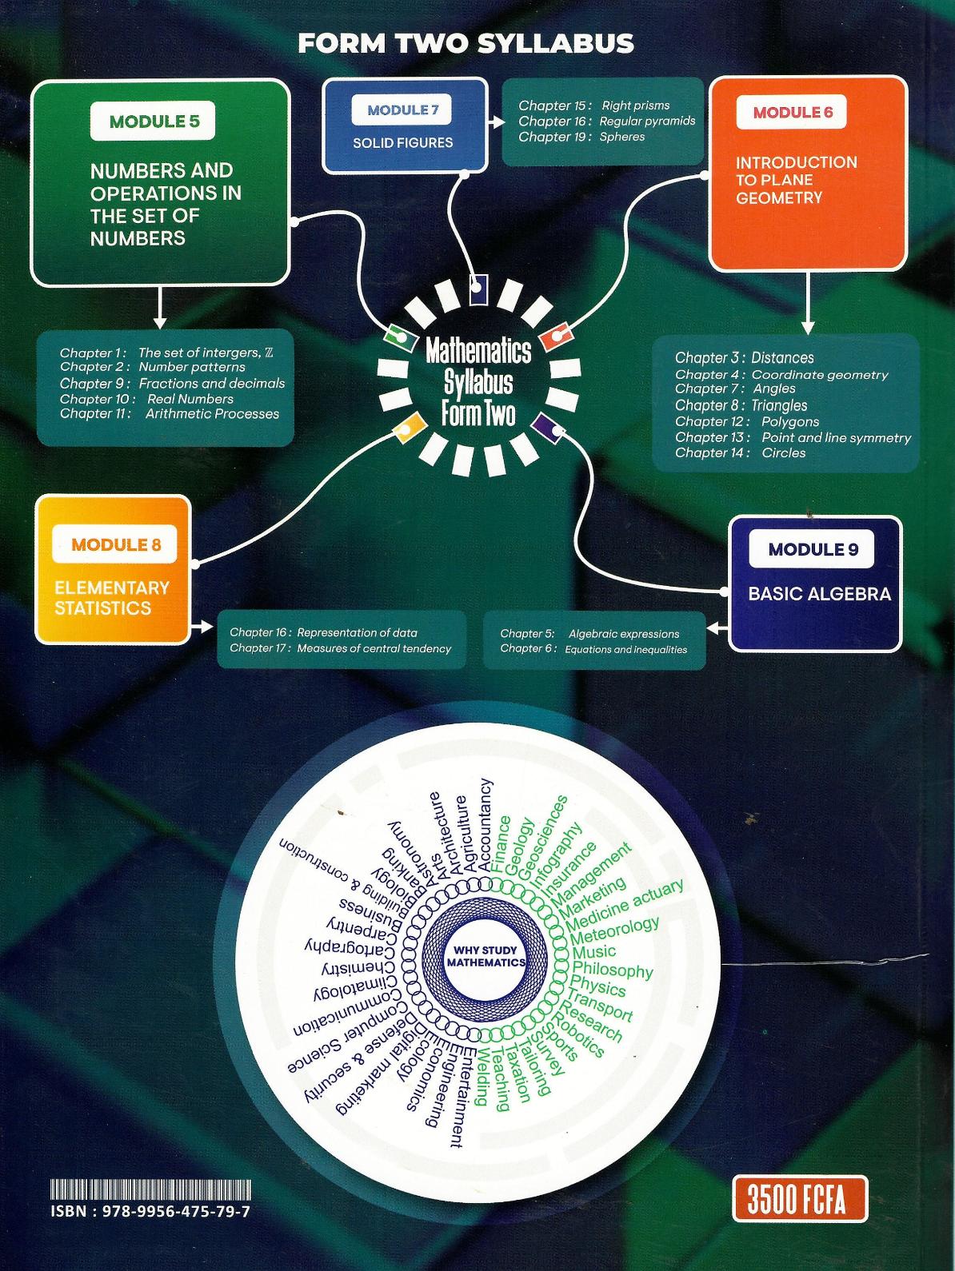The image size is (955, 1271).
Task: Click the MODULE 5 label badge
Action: pos(154,122)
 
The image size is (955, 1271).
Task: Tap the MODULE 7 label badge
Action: pos(402,111)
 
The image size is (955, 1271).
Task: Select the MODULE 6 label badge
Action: pos(793,113)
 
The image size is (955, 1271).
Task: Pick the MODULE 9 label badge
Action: pos(813,549)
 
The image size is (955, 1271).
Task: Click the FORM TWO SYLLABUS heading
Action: pos(466,43)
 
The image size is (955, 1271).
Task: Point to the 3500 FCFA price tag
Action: pos(800,1198)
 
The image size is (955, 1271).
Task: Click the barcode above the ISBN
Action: pos(150,1188)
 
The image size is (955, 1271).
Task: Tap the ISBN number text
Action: pos(150,1211)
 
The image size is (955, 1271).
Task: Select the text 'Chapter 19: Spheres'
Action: pos(581,137)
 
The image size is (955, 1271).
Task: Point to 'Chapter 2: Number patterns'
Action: pos(153,367)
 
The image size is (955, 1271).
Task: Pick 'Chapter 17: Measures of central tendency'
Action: pos(340,648)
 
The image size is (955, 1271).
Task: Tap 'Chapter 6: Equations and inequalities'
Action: pos(593,649)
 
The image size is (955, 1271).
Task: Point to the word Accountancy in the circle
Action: pos(485,825)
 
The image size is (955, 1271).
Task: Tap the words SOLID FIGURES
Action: pos(403,143)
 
